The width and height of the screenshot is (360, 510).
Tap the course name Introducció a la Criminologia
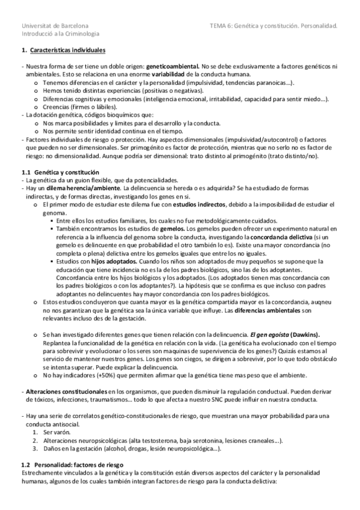(x=60, y=34)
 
